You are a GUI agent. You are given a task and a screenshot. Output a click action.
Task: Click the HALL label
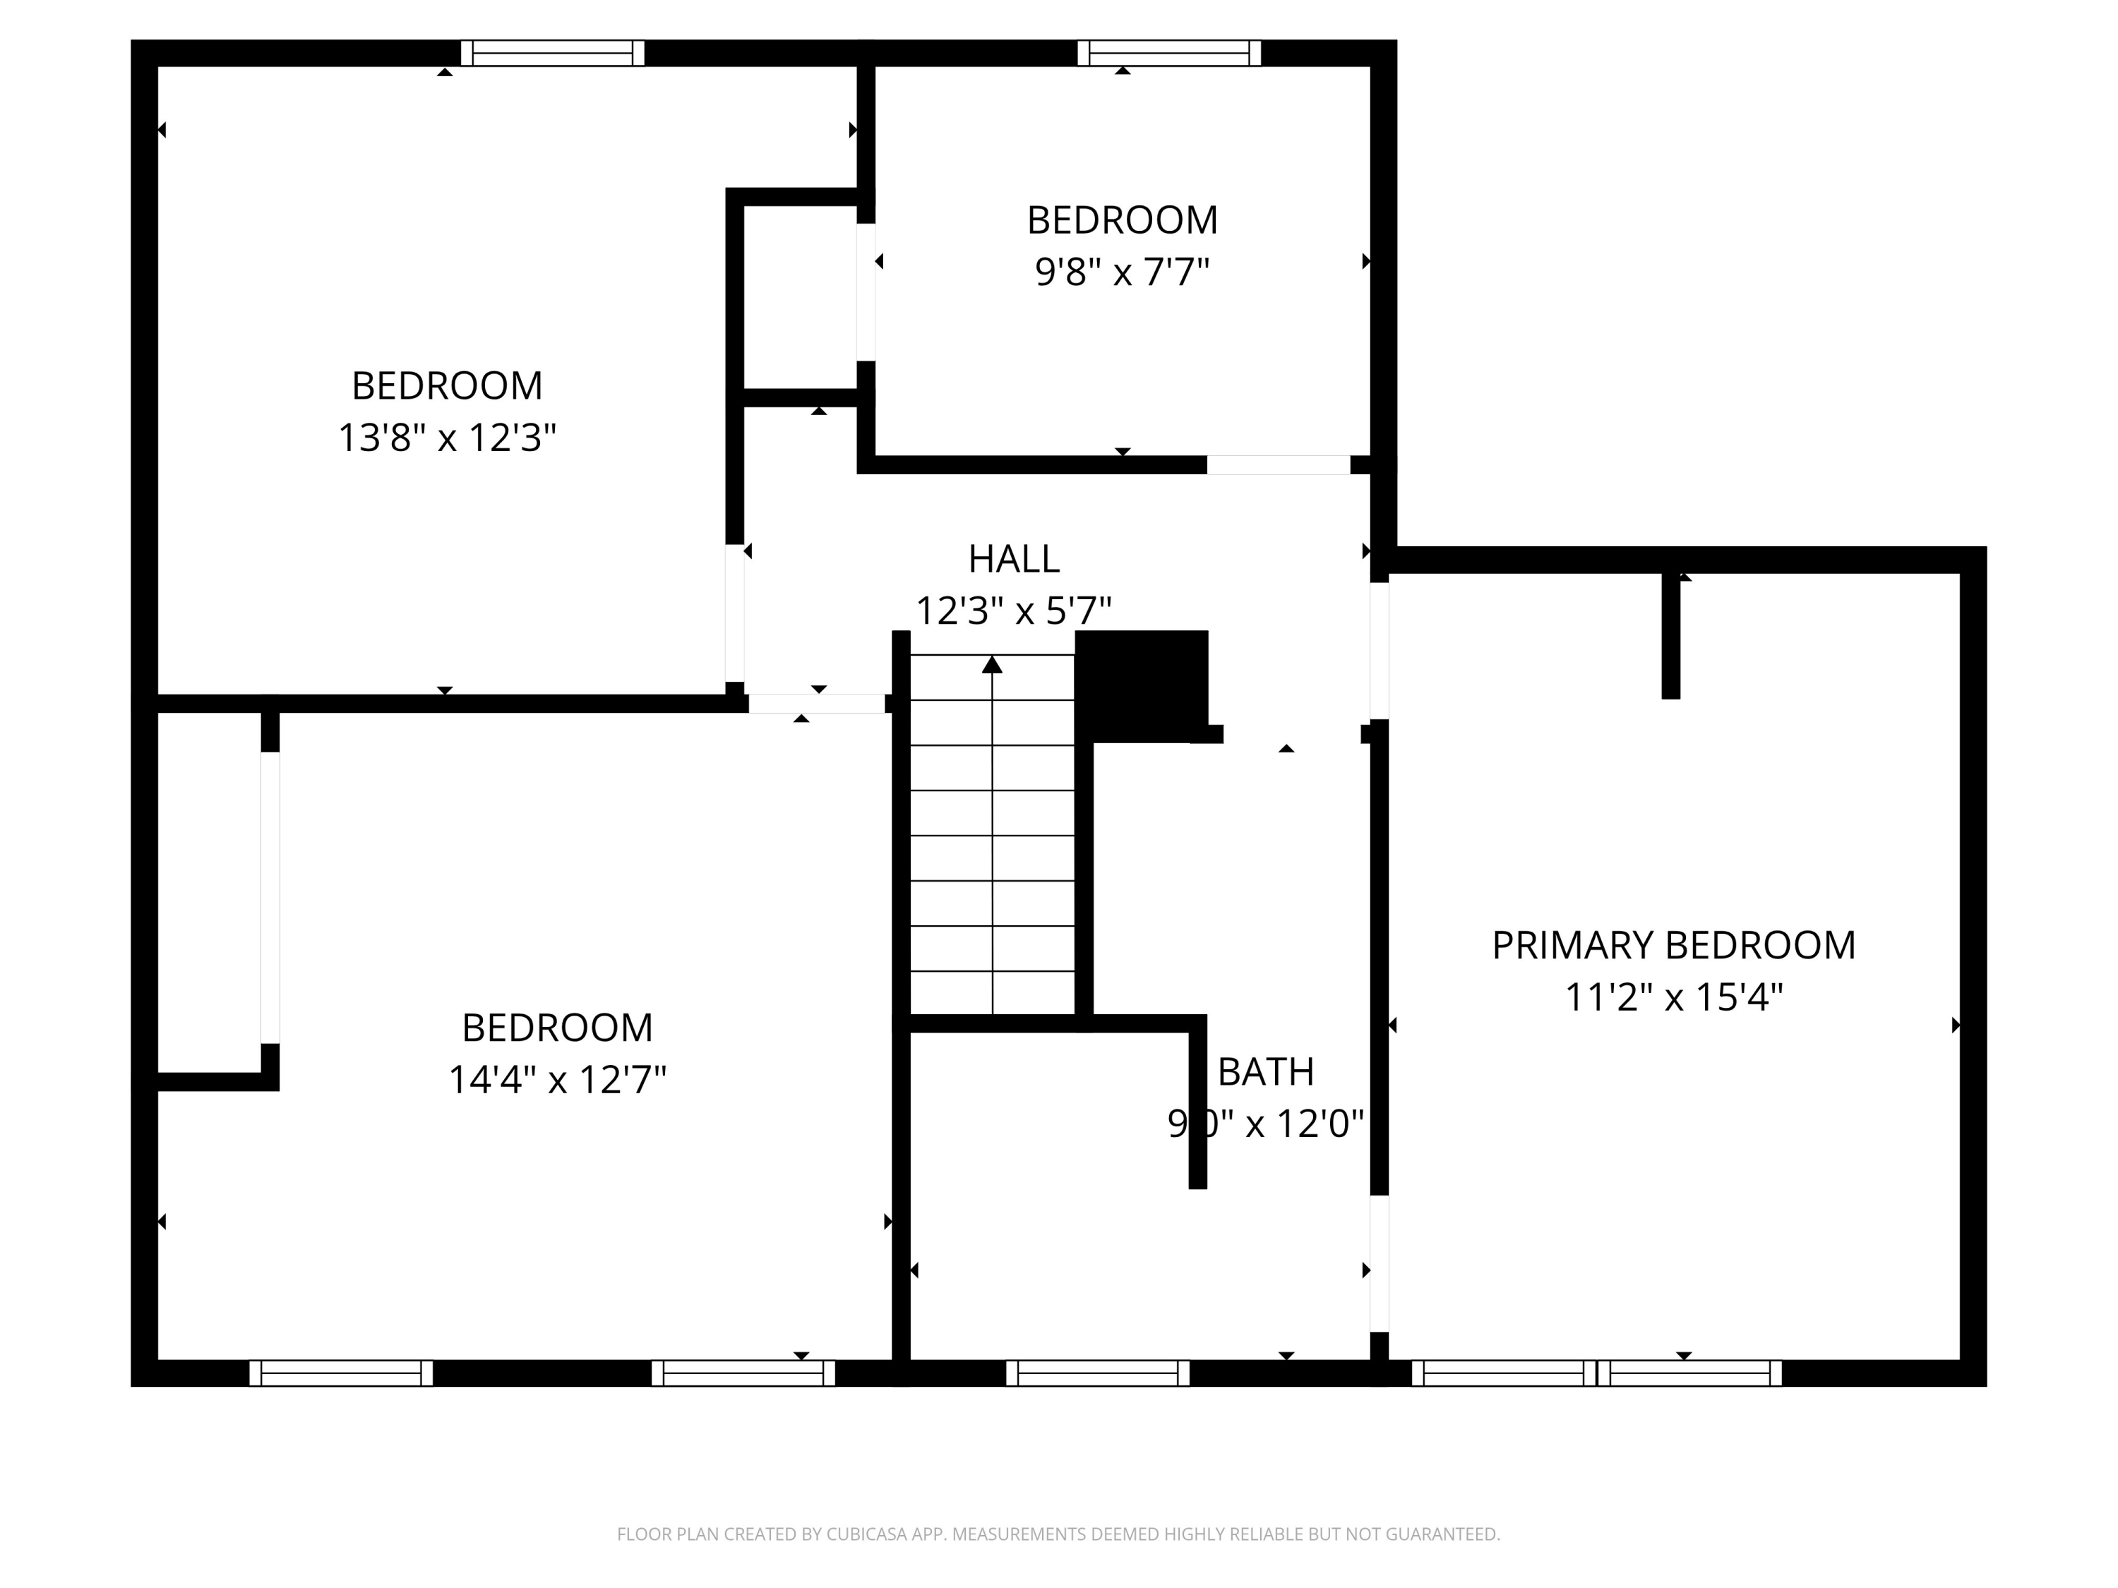point(1013,559)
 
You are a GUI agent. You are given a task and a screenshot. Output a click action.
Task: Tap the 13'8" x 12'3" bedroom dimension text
point(446,438)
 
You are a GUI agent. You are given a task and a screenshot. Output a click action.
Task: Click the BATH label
point(1265,1072)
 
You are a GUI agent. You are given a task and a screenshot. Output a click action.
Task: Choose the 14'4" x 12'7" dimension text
point(556,1081)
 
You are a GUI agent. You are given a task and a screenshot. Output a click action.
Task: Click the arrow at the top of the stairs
point(992,664)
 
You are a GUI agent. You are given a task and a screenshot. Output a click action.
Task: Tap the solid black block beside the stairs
point(1142,685)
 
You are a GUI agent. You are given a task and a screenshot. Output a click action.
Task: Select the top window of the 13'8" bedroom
point(553,53)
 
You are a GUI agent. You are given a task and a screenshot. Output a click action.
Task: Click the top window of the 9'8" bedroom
point(1168,53)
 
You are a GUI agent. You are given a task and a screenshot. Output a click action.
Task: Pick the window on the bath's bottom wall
point(1097,1373)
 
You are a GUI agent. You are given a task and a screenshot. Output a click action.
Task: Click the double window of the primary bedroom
point(1596,1373)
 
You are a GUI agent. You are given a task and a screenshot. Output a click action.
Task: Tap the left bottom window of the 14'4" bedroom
point(341,1373)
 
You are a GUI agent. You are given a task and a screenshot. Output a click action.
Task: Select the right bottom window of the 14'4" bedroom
point(743,1373)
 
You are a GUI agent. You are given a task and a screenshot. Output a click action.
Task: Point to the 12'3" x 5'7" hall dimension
point(1013,610)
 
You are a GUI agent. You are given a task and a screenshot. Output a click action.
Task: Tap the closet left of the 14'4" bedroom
point(209,895)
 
